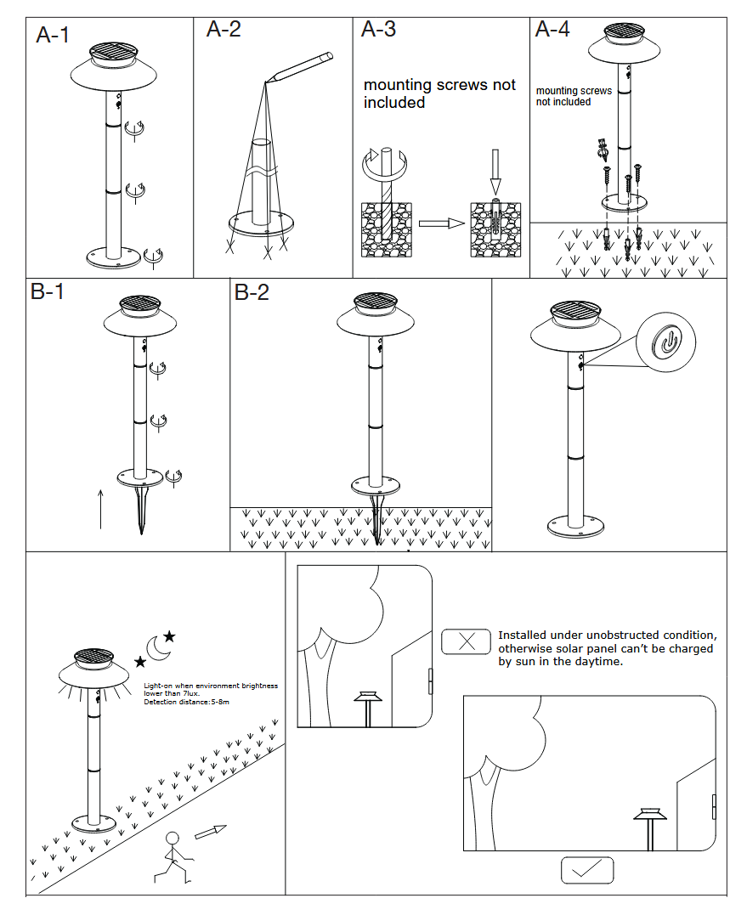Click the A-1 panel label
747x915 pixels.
[53, 35]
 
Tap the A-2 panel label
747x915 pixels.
[224, 30]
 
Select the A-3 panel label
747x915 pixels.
[378, 30]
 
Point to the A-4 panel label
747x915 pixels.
[552, 30]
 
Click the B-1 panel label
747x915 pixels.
[48, 291]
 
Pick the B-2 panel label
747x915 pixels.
[252, 292]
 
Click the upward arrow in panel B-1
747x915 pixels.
[100, 508]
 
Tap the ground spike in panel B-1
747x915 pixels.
[141, 510]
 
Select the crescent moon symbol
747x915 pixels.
[158, 647]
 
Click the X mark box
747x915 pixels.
[466, 641]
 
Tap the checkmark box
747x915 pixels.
[586, 870]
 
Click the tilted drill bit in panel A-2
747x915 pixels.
[299, 68]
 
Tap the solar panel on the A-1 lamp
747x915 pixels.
[112, 52]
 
